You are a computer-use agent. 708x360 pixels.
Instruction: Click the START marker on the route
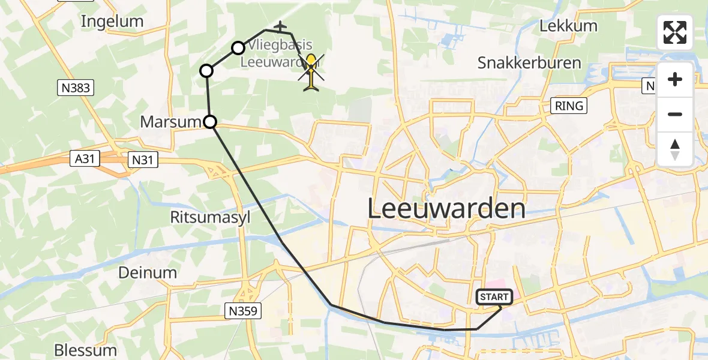tap(494, 297)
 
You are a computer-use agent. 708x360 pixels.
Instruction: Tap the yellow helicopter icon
tap(311, 71)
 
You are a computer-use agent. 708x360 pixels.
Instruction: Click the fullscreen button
tap(675, 32)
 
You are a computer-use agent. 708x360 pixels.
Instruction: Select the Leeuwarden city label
tap(446, 209)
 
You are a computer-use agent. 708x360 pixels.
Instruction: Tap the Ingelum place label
tap(112, 22)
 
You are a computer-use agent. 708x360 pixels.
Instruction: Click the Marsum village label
tap(170, 122)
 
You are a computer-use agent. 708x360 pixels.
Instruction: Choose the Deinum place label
tap(148, 273)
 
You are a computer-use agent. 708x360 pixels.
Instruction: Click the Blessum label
tap(85, 350)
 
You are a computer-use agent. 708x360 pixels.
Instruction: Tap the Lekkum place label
tap(568, 26)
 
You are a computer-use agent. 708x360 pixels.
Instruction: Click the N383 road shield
tap(76, 88)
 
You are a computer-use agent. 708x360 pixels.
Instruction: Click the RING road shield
tap(569, 106)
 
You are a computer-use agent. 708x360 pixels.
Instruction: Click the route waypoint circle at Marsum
tap(210, 122)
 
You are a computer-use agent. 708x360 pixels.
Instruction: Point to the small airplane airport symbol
tap(280, 26)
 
